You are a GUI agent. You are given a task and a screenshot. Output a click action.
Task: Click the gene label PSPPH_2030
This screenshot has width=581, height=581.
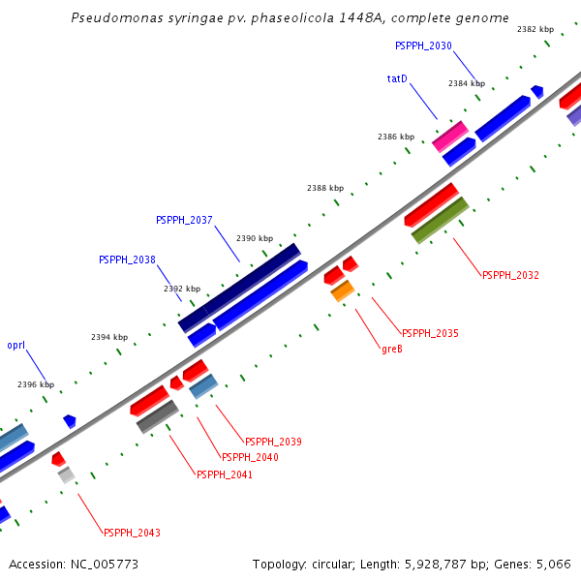point(423,46)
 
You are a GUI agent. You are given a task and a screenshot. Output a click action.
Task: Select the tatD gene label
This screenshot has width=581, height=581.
point(397,78)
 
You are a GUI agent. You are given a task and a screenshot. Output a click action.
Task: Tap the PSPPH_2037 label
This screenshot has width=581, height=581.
point(184,220)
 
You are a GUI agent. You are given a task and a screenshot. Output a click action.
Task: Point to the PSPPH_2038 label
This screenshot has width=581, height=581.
point(127,260)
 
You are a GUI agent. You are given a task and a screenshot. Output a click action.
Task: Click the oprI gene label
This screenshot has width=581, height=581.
point(16,345)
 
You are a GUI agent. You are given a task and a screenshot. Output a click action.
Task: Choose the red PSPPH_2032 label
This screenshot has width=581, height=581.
point(510,275)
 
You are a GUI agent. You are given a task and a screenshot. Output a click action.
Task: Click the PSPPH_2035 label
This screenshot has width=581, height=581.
point(430,333)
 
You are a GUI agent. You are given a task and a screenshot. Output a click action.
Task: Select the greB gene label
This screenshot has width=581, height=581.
point(392,349)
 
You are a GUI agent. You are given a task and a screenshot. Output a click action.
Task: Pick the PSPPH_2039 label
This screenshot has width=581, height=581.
point(273,442)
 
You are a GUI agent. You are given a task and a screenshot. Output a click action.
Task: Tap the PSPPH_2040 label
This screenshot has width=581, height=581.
point(250,457)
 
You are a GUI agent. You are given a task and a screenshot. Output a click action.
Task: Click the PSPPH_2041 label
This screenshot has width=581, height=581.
point(225,474)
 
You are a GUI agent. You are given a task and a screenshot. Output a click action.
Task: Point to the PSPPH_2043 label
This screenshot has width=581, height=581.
point(132,533)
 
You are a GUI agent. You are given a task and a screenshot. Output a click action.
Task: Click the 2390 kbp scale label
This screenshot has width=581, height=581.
point(255,238)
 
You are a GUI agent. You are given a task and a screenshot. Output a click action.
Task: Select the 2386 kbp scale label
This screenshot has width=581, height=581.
point(396,138)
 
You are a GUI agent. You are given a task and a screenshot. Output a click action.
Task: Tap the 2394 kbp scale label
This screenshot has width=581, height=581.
point(109,337)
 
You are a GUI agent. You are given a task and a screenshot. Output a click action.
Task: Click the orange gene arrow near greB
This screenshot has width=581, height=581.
point(343,290)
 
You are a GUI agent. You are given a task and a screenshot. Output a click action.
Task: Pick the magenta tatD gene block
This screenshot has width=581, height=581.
point(450,136)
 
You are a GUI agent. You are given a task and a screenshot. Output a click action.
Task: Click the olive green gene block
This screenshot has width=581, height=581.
point(441,220)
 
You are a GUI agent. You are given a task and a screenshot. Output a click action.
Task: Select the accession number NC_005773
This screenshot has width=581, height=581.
point(74,564)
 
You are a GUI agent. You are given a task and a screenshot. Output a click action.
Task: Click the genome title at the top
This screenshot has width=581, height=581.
point(290,18)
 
